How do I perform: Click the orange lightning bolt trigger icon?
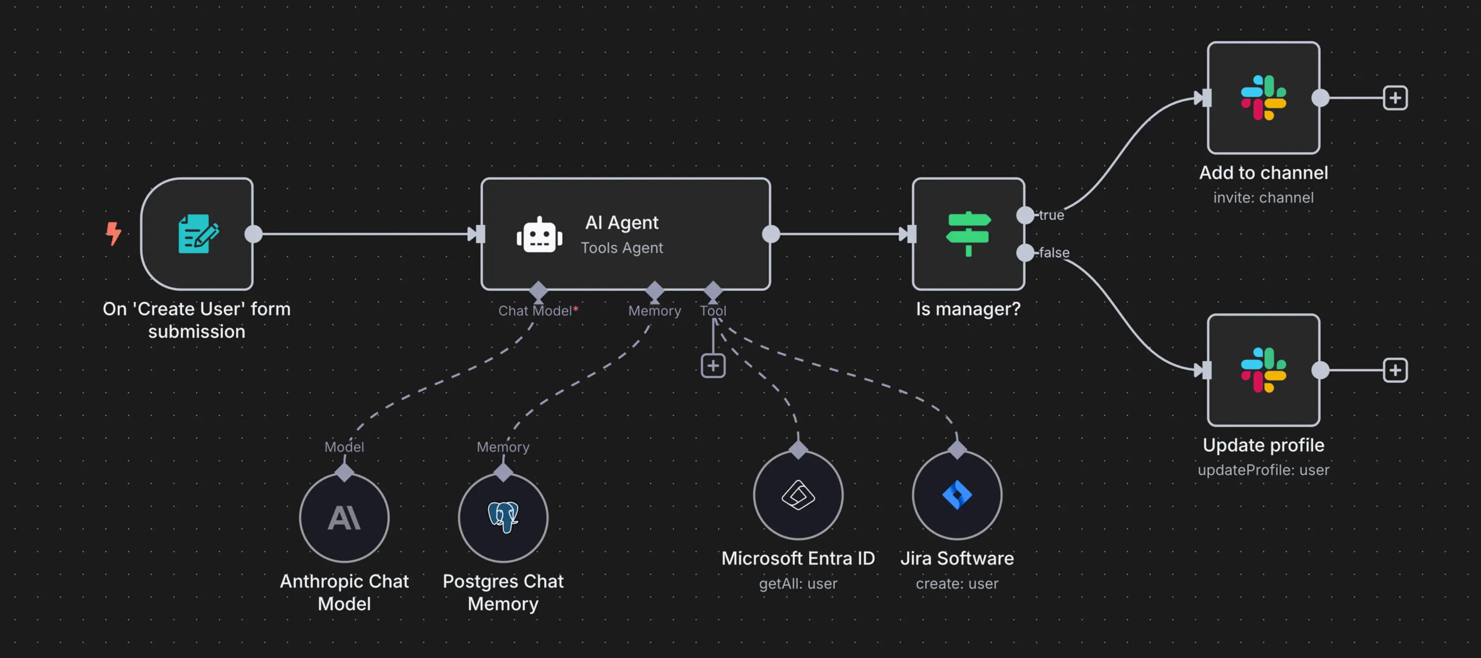[x=113, y=234]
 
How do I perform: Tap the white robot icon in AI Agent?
[x=539, y=235]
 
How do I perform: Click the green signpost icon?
[x=968, y=234]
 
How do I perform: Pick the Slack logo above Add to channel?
[x=1263, y=98]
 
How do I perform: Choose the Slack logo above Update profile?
[x=1263, y=370]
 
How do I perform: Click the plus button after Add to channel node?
[x=1395, y=98]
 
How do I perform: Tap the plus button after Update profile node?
[x=1395, y=370]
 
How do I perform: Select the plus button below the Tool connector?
[x=713, y=365]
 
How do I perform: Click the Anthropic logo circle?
[x=344, y=517]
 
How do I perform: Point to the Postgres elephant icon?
[x=503, y=517]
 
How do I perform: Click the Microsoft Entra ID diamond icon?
[x=798, y=495]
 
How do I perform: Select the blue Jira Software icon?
[x=957, y=495]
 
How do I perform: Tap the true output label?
[x=1051, y=215]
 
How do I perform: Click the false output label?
[x=1054, y=253]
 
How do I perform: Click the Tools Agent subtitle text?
[x=622, y=248]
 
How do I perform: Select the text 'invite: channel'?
[x=1263, y=198]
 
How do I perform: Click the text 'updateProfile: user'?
[x=1263, y=470]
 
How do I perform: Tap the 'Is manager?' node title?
[x=968, y=309]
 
